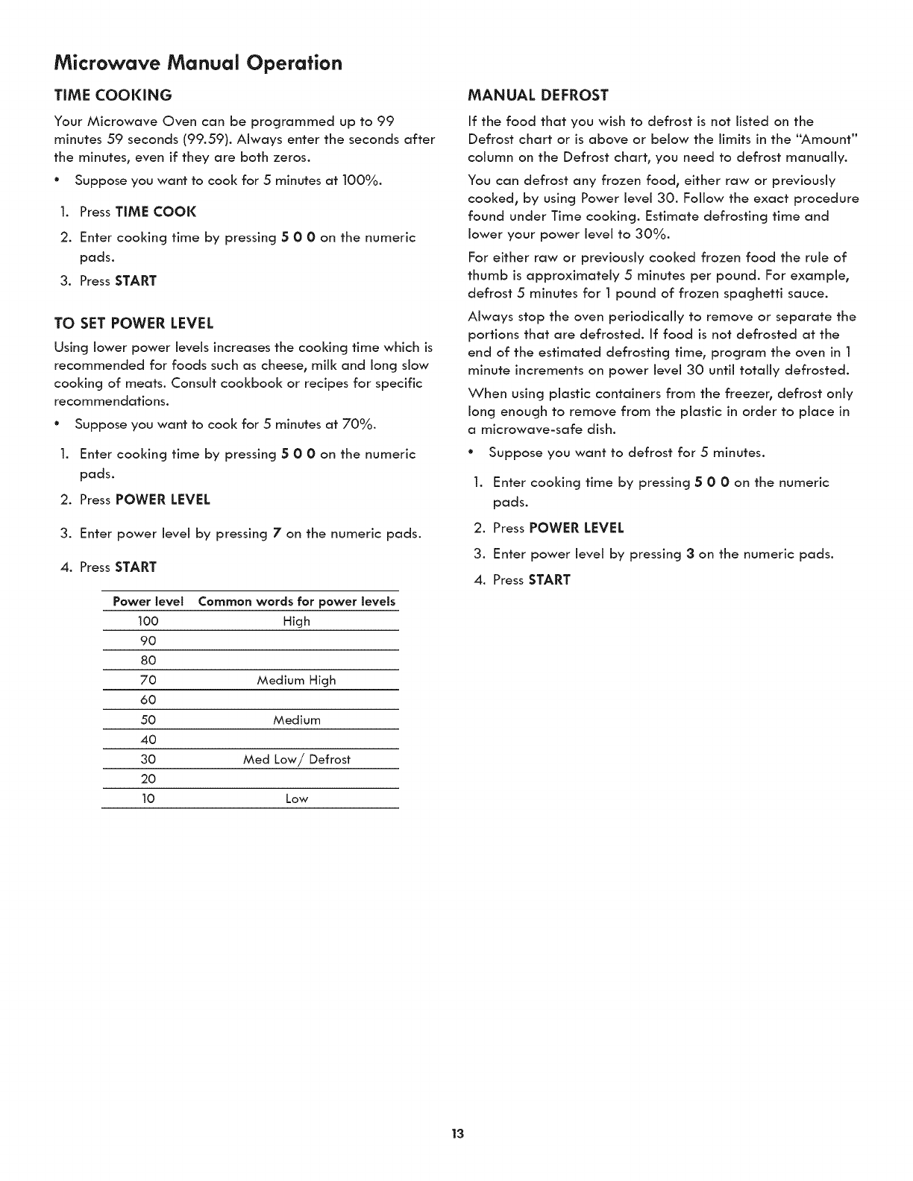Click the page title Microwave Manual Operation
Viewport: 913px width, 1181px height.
pyautogui.click(x=198, y=63)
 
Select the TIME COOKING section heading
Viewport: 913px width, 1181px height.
pyautogui.click(x=113, y=95)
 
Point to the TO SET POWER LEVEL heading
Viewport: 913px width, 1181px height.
pyautogui.click(x=134, y=323)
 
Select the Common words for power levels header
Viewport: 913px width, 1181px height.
pyautogui.click(x=297, y=602)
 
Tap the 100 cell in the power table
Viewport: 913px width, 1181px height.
pyautogui.click(x=148, y=621)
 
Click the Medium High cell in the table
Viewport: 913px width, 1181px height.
pyautogui.click(x=296, y=680)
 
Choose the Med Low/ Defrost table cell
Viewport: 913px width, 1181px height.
pyautogui.click(x=296, y=759)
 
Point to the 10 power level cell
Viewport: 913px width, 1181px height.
pyautogui.click(x=148, y=799)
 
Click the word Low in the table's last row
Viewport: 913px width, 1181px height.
pyautogui.click(x=296, y=799)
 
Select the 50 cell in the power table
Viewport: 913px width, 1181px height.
pyautogui.click(x=148, y=719)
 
